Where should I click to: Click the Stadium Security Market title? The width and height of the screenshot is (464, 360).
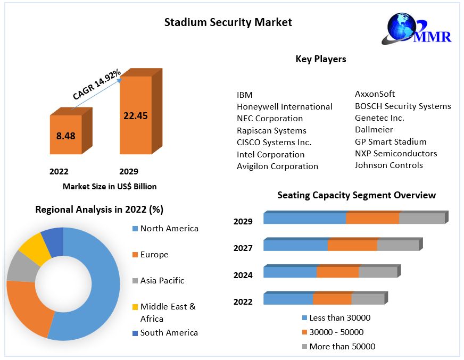(228, 22)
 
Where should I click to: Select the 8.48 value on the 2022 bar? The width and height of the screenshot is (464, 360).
(66, 136)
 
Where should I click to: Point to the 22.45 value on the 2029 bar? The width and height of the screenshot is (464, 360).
(135, 116)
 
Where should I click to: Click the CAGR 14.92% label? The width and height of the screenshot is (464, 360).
(97, 85)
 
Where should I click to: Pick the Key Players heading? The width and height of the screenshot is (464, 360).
(320, 59)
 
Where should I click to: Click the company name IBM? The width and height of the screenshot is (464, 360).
(245, 95)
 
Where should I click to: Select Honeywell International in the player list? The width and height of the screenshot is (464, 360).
(284, 106)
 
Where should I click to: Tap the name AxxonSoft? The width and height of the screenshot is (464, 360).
(375, 94)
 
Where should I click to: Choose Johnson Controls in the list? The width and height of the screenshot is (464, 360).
(388, 165)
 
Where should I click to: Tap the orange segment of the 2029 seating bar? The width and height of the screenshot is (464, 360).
(372, 219)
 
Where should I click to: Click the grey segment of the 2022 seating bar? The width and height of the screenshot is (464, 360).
(367, 299)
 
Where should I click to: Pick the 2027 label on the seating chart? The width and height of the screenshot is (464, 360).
(243, 248)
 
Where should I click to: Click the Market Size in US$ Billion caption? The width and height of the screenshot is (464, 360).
(110, 187)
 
